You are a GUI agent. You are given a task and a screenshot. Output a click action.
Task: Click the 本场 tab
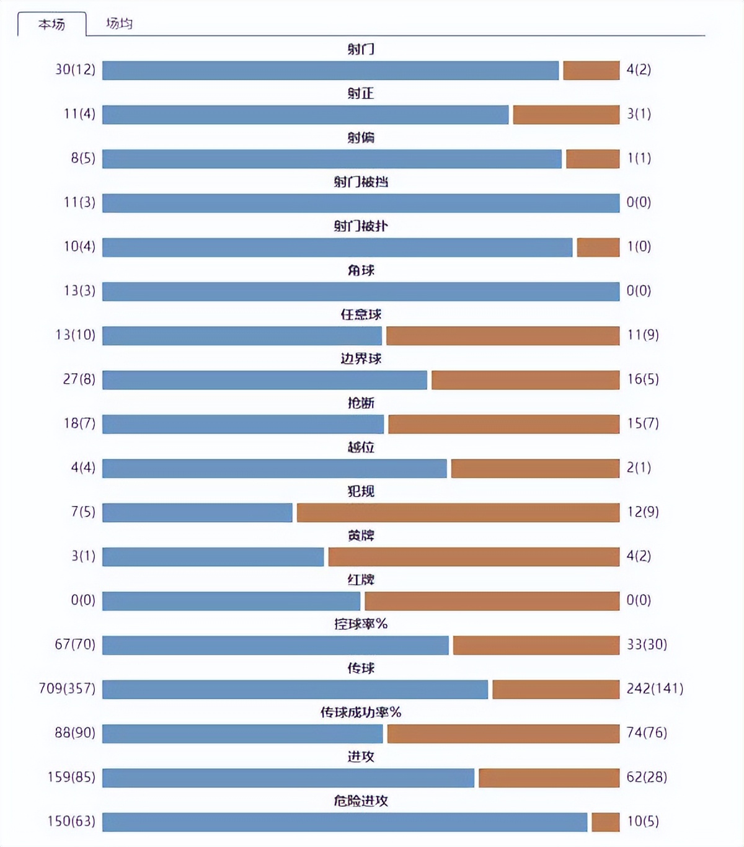51,24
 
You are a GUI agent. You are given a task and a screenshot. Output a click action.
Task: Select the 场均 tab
119,24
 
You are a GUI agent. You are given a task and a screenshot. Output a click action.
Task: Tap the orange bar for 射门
591,70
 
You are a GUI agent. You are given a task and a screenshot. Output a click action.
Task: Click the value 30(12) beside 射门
75,69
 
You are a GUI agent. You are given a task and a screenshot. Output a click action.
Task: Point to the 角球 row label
361,270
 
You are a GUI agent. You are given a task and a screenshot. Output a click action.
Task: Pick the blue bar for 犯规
197,512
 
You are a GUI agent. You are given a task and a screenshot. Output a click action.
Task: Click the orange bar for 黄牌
474,556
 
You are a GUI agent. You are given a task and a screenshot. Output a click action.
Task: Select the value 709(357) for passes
67,688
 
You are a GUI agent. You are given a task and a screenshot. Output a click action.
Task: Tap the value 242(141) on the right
655,688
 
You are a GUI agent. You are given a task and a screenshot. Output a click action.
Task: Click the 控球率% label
361,624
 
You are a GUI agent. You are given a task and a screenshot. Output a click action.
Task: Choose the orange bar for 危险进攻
605,822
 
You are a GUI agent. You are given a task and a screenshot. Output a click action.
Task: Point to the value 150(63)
71,821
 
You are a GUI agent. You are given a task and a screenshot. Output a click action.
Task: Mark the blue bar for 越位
274,468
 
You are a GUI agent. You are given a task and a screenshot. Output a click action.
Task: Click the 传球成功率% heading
361,712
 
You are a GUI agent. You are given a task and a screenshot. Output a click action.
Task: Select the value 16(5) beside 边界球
642,379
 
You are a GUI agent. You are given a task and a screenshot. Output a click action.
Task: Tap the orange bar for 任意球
502,335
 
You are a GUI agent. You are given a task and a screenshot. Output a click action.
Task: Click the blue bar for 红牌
231,600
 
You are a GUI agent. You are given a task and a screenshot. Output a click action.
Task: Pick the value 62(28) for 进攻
647,777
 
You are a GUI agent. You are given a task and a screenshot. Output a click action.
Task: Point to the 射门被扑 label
361,226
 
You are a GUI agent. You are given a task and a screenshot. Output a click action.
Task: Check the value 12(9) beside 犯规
642,512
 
